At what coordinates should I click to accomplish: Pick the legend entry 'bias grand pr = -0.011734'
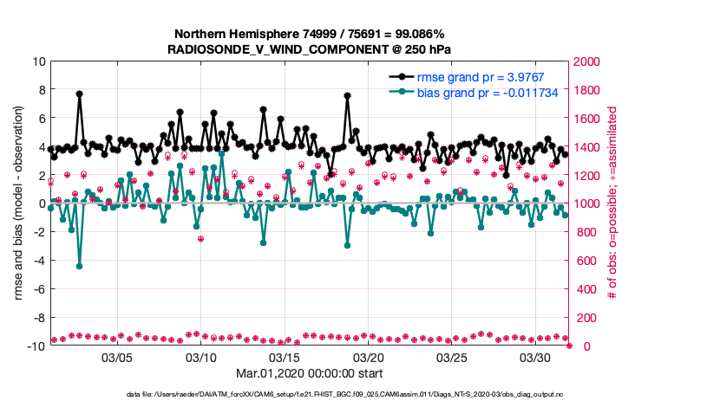(x=488, y=92)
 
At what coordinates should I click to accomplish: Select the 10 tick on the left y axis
(x=39, y=62)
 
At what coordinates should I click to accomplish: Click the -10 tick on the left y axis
(x=36, y=346)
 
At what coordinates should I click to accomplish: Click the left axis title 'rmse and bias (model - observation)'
(x=18, y=204)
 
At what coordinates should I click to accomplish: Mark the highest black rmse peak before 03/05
(x=80, y=94)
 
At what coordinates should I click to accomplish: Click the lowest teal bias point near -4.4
(x=80, y=266)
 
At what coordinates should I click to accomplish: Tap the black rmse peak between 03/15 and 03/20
(x=347, y=96)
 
